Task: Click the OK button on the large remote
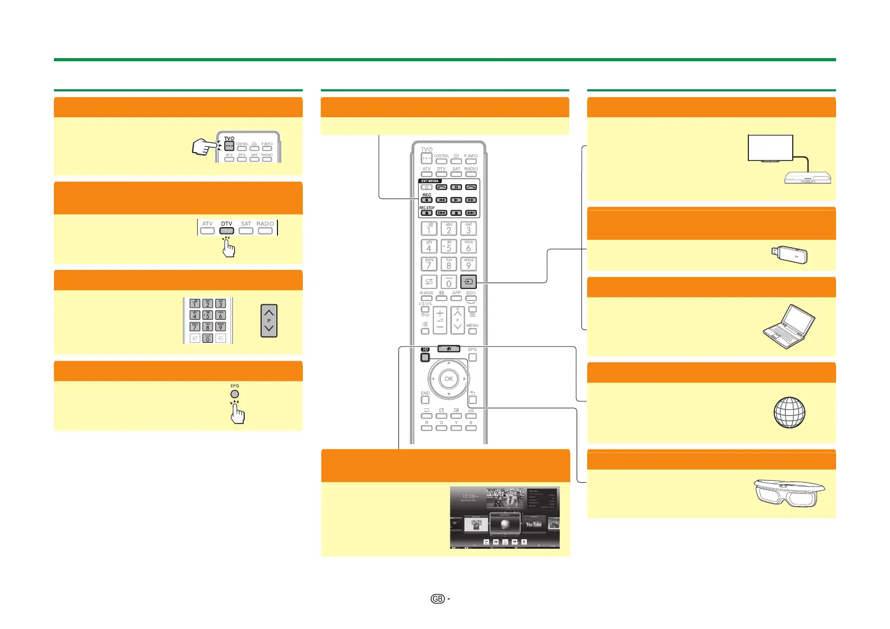click(449, 379)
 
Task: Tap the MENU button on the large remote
click(472, 331)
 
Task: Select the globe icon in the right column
click(789, 412)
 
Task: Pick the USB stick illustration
click(789, 255)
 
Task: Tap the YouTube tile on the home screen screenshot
click(534, 524)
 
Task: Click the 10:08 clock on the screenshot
click(469, 496)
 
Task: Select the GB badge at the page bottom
click(438, 599)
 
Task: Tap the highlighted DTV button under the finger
click(227, 230)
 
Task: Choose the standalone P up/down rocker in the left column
click(269, 321)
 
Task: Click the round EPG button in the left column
click(235, 394)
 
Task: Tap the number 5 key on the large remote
click(449, 247)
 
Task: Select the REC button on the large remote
click(427, 200)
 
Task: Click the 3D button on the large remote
click(425, 358)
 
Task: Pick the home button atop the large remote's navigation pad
click(449, 349)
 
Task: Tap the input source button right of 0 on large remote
click(468, 282)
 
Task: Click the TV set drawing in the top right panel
click(770, 148)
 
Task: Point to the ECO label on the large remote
click(471, 293)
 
